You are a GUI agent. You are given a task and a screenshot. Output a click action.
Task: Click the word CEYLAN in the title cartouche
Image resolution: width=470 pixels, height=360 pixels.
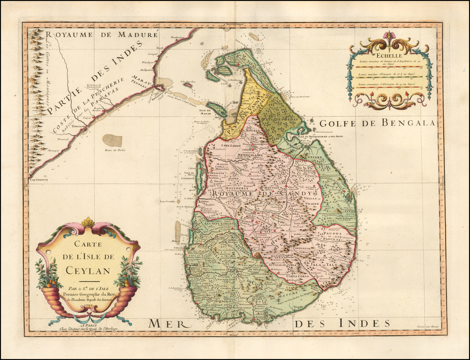(x=88, y=270)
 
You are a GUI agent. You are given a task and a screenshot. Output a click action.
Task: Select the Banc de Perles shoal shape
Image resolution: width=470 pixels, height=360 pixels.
(x=112, y=141)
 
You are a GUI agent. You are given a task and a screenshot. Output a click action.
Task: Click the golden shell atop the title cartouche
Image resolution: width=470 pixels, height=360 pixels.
(x=88, y=222)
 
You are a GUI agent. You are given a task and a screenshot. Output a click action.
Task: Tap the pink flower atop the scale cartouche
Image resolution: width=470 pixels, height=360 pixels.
(x=389, y=36)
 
